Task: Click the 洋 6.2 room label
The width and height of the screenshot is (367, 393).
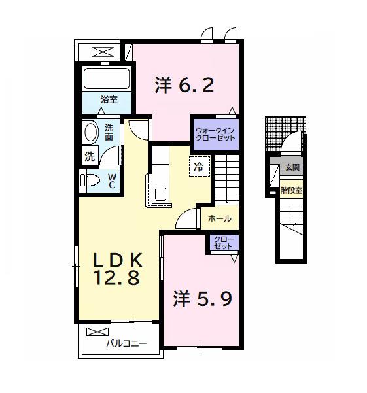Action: pos(184,86)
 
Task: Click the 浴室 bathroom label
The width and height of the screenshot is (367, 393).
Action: pos(109,99)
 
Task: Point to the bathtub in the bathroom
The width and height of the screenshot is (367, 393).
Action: pos(107,79)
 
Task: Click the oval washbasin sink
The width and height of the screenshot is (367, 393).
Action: pos(90,132)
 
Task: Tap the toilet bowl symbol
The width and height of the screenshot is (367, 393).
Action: pos(91,179)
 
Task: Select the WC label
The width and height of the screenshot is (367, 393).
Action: pos(112,180)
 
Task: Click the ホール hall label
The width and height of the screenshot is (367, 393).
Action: pos(219,219)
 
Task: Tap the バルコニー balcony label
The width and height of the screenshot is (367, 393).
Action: pos(126,343)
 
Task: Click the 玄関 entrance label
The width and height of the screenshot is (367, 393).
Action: pos(291,168)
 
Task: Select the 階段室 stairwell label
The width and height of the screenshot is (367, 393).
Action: pos(291,190)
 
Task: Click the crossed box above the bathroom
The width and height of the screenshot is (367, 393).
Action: pos(101,52)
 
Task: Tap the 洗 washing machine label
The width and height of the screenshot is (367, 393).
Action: pos(89,156)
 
